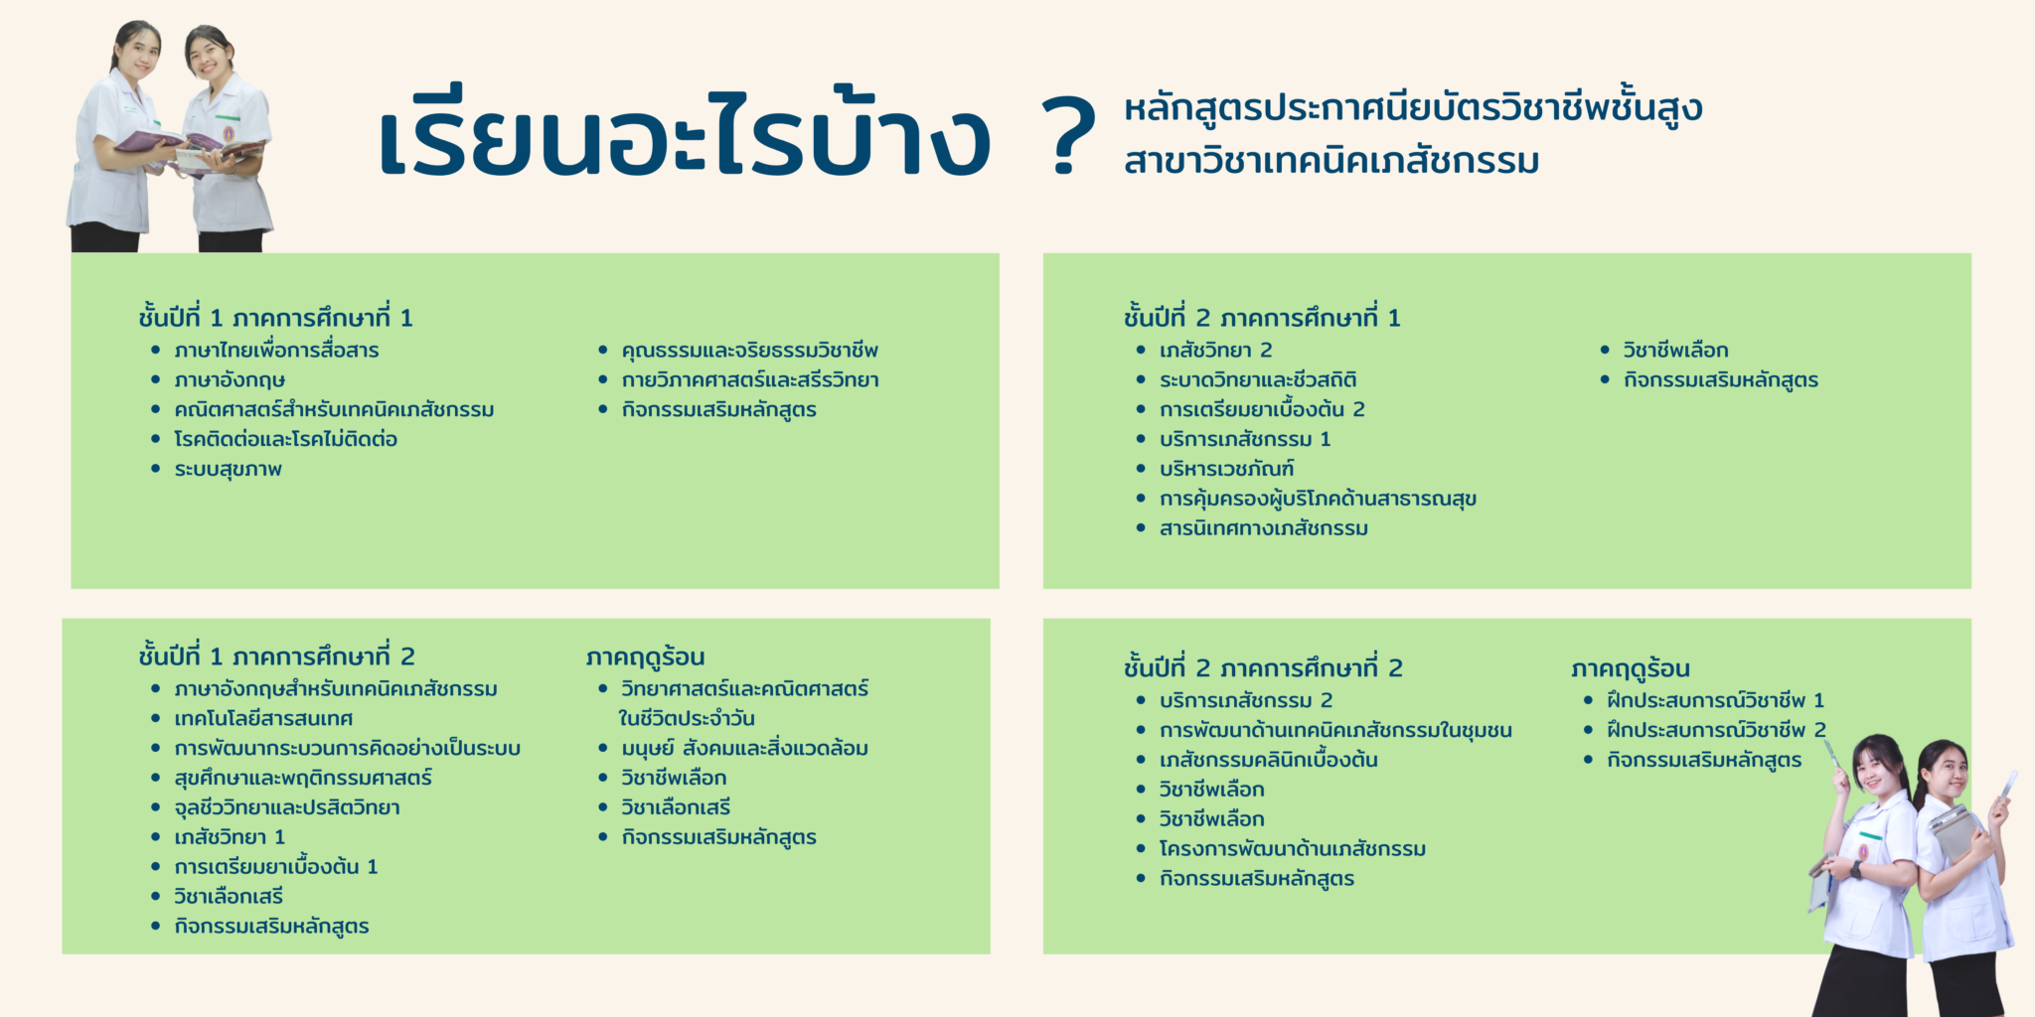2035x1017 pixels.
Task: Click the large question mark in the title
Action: [1068, 136]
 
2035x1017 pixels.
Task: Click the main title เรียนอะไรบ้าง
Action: [685, 133]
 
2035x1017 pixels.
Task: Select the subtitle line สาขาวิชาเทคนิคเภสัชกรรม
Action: [1331, 160]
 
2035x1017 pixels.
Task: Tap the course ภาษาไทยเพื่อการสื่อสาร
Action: [276, 350]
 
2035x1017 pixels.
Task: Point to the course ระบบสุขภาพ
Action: [229, 469]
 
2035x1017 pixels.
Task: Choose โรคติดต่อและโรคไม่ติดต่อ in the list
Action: [286, 439]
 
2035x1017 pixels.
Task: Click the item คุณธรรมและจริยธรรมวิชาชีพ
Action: [750, 350]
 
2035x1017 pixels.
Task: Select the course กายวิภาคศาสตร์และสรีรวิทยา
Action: [750, 379]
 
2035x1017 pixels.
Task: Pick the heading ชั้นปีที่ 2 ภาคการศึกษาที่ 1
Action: [1262, 317]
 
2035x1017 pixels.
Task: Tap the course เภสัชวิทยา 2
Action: [1216, 350]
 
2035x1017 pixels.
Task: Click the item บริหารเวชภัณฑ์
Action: [1227, 469]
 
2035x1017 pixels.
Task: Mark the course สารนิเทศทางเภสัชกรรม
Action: [1264, 528]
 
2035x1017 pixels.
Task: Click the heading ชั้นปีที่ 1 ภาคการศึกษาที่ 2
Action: [277, 655]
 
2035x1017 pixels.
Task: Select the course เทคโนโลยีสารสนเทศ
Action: [263, 718]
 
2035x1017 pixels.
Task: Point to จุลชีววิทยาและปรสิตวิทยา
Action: [287, 807]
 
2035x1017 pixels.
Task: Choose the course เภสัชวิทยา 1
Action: [230, 837]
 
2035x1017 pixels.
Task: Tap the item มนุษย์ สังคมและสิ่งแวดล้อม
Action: [745, 748]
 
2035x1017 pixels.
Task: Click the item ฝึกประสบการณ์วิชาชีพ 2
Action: [1717, 730]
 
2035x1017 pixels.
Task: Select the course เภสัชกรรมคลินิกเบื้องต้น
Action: [1269, 760]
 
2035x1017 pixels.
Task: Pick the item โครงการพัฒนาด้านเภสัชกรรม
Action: [1293, 849]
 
